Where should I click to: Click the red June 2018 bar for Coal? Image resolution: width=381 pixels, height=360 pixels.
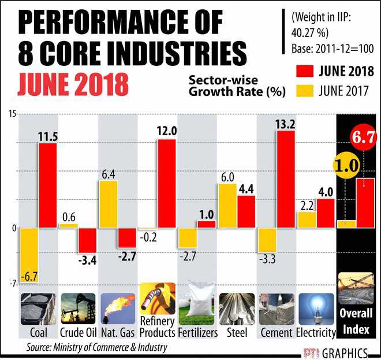click(47, 185)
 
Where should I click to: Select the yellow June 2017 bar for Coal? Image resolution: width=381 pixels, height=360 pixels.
click(28, 255)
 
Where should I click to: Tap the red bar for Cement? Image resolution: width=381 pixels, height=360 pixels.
click(286, 179)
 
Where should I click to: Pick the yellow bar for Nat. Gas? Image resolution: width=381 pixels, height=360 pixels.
click(108, 204)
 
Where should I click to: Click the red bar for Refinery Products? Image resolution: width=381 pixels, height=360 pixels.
click(166, 184)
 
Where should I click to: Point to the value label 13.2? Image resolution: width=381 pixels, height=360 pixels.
click(286, 123)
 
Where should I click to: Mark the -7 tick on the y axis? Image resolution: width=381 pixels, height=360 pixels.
click(12, 283)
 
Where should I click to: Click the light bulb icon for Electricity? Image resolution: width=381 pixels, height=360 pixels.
click(316, 309)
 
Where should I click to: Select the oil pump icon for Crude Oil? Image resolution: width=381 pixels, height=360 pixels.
click(78, 309)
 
